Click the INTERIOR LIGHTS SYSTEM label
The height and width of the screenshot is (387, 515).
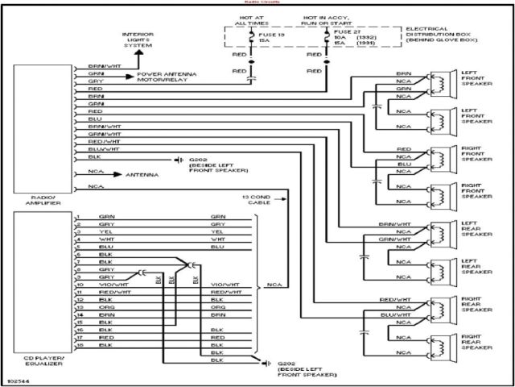coord(138,40)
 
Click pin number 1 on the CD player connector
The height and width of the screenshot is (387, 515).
coord(79,217)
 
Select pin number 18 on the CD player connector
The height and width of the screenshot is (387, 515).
coord(80,345)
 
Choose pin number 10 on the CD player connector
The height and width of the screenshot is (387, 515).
coord(80,285)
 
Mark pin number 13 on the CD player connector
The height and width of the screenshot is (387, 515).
coord(80,307)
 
